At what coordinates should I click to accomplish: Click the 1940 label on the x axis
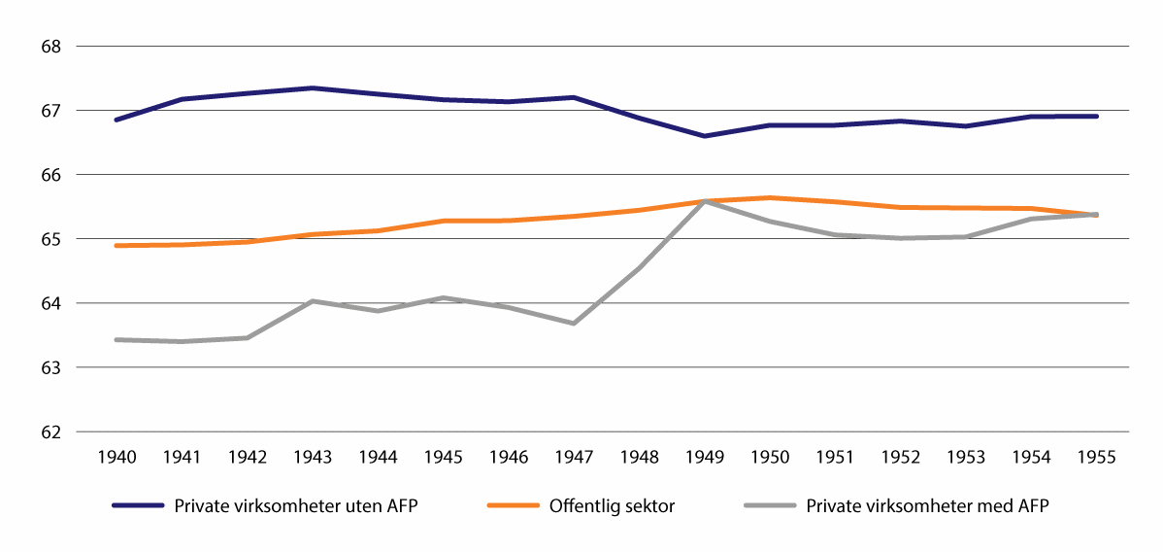(x=116, y=457)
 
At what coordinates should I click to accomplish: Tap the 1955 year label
(x=1096, y=457)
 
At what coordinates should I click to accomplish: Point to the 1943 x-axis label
(x=312, y=457)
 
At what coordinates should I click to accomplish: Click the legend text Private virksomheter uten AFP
(x=295, y=505)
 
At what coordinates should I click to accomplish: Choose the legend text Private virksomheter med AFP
(x=926, y=505)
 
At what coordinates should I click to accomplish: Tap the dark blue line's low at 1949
(x=704, y=136)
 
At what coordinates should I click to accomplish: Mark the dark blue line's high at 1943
(x=312, y=87)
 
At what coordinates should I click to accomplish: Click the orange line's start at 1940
(x=116, y=246)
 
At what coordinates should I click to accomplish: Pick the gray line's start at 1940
(x=116, y=339)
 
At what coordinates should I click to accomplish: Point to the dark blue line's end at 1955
(x=1096, y=117)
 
